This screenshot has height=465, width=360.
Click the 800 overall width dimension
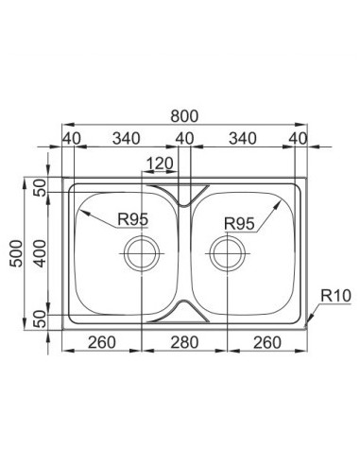click(184, 116)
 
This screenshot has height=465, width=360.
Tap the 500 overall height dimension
click(16, 253)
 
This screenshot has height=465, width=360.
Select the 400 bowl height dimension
click(40, 253)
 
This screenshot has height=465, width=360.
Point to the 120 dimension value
click(160, 164)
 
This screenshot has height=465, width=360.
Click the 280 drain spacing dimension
click(184, 342)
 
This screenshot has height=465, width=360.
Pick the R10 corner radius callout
click(335, 296)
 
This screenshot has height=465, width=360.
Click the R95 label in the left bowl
click(132, 219)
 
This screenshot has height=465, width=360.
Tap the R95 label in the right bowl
click(239, 224)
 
